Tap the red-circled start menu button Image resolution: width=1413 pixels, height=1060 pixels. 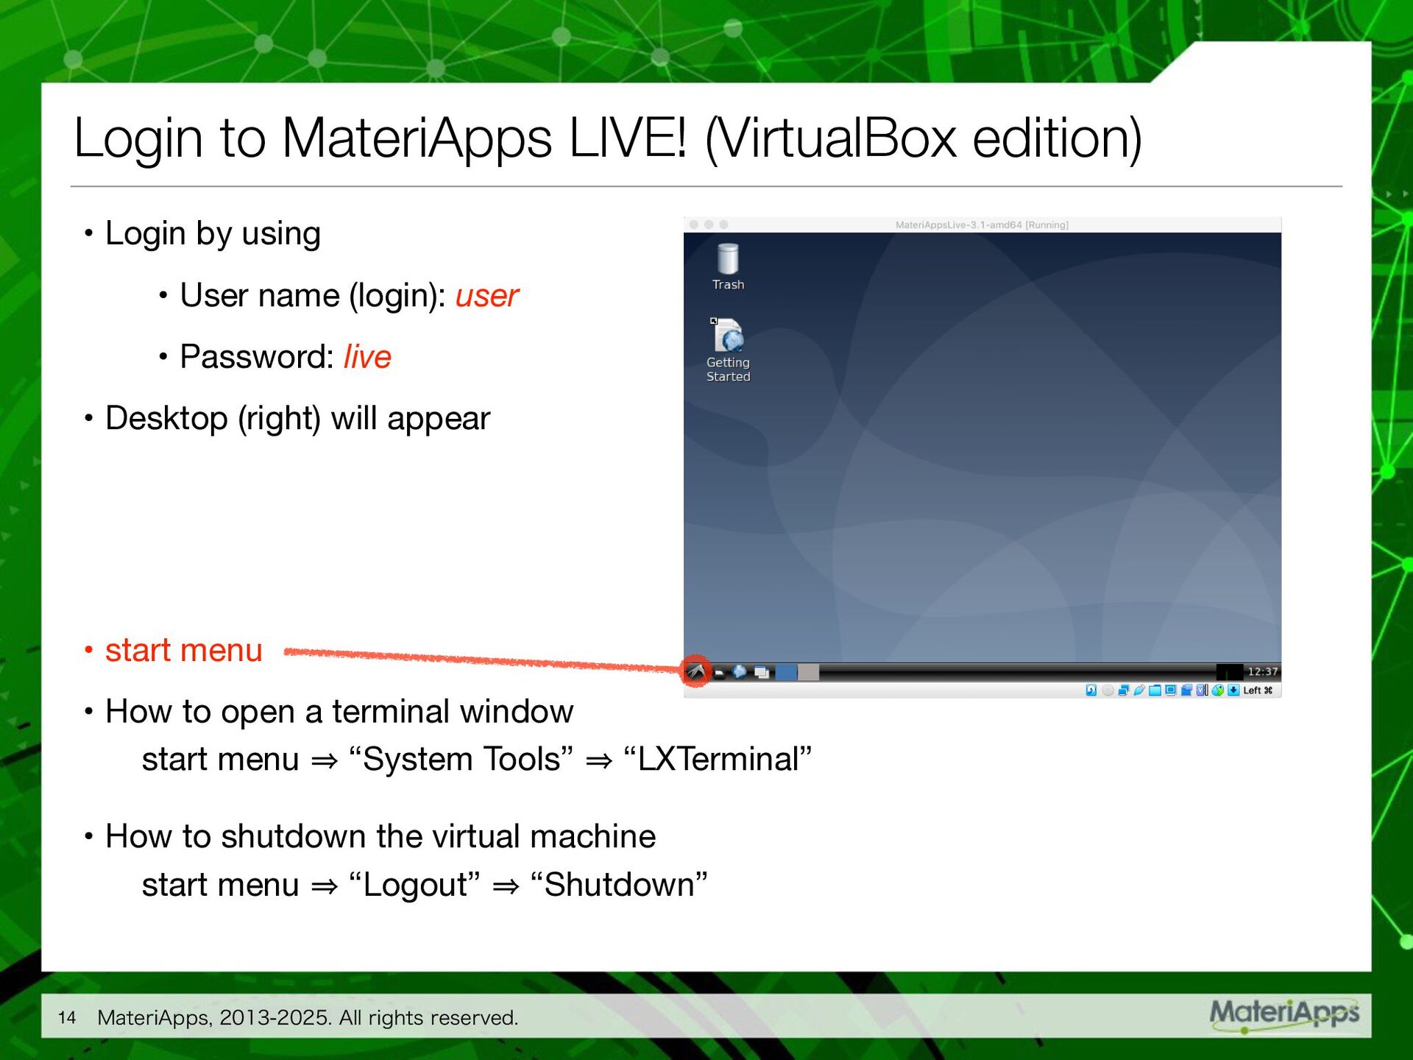point(695,671)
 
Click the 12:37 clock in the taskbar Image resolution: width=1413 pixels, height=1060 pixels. point(1262,671)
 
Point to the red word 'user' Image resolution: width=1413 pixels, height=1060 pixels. point(486,296)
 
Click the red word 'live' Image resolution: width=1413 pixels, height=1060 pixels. point(367,357)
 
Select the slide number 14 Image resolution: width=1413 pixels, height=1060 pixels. point(67,1018)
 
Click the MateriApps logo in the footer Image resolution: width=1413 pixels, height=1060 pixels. point(1284,1014)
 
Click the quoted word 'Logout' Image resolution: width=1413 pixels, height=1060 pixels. point(415,885)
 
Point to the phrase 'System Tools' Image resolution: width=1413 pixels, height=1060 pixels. point(461,760)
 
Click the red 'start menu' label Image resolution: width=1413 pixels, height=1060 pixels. point(183,651)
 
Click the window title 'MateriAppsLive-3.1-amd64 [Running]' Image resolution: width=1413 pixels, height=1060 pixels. point(982,225)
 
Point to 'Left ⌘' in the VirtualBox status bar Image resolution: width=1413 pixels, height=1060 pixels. point(1257,690)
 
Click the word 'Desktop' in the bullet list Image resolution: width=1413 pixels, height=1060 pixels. point(166,419)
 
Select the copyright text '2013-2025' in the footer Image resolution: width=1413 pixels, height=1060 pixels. point(275,1018)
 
